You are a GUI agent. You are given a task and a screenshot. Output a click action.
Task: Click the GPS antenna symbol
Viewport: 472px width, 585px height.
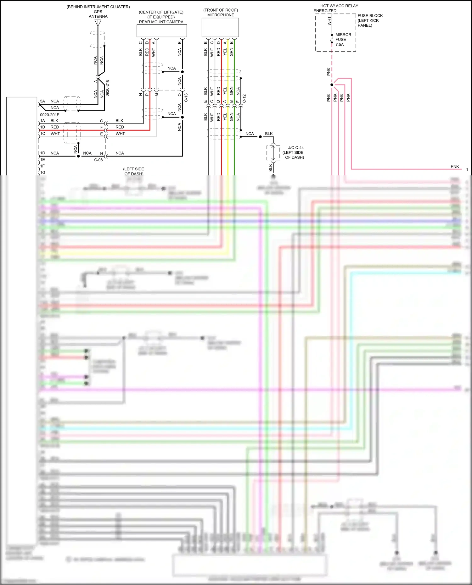pyautogui.click(x=98, y=23)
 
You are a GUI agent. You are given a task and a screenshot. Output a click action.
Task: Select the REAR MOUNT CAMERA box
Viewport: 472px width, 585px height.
pyautogui.click(x=162, y=31)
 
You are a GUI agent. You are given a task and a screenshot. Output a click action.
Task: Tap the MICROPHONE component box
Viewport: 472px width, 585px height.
pyautogui.click(x=220, y=27)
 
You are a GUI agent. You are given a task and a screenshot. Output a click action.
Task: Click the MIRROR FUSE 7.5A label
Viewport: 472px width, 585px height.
pyautogui.click(x=343, y=40)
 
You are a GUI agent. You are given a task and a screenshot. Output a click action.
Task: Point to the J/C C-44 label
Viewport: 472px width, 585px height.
pyautogui.click(x=296, y=147)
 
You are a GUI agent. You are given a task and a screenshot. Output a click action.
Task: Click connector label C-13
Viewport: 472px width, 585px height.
pyautogui.click(x=186, y=97)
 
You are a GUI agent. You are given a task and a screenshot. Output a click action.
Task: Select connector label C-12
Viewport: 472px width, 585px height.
pyautogui.click(x=244, y=99)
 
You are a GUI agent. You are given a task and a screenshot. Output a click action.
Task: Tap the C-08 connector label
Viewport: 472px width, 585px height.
pyautogui.click(x=98, y=160)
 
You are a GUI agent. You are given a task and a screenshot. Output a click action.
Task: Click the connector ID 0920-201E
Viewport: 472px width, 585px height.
pyautogui.click(x=50, y=115)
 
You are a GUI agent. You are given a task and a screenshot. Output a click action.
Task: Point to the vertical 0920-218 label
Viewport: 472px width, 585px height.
pyautogui.click(x=107, y=88)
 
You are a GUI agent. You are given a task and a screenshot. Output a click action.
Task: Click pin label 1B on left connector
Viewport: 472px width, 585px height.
pyautogui.click(x=42, y=127)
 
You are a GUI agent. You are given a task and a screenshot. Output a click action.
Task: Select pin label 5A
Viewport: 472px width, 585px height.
pyautogui.click(x=42, y=101)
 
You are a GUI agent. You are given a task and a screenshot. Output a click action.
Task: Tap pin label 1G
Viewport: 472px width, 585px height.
pyautogui.click(x=43, y=172)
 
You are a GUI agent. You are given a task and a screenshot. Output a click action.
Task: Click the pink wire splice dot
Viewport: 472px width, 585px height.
pyautogui.click(x=332, y=85)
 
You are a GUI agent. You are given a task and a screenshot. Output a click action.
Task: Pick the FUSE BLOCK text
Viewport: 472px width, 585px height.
pyautogui.click(x=370, y=16)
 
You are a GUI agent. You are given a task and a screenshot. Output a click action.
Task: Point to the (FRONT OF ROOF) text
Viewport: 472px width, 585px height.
pyautogui.click(x=221, y=10)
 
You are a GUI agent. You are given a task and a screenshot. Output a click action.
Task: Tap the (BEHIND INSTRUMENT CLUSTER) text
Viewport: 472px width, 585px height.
pyautogui.click(x=98, y=7)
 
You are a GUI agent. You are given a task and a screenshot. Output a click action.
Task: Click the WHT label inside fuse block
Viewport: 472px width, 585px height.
pyautogui.click(x=329, y=21)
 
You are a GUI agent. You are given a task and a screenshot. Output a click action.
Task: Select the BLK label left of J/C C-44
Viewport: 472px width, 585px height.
pyautogui.click(x=271, y=168)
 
